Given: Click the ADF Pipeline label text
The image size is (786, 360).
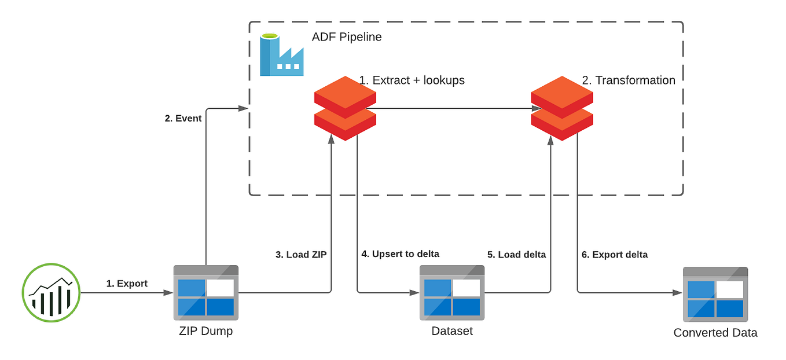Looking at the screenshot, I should (347, 37).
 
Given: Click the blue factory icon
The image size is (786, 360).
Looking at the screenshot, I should (281, 56).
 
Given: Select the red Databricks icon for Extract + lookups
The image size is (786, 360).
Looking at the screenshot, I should (345, 108).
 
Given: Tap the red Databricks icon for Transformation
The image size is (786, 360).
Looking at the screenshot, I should (561, 108).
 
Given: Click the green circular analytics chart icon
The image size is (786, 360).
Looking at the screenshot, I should (51, 292).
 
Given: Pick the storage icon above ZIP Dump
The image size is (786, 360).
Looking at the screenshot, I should (206, 292).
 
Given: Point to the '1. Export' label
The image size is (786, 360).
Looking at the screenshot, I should (127, 284).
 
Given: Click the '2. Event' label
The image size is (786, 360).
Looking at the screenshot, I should (183, 119).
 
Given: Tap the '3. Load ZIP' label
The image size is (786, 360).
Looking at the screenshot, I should (300, 255).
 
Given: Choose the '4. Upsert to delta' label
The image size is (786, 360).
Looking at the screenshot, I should (400, 254).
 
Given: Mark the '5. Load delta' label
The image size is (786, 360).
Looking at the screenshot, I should (516, 255).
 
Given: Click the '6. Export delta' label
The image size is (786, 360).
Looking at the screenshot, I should (614, 255).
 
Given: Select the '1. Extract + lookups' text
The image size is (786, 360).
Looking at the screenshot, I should (412, 80).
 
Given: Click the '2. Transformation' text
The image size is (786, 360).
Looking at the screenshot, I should (628, 80).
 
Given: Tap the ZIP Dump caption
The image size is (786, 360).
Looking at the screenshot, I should (206, 331).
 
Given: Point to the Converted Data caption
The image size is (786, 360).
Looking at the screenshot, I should (715, 333).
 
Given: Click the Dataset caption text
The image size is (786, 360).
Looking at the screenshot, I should (451, 331).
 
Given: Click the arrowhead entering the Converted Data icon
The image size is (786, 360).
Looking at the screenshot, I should (678, 293).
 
